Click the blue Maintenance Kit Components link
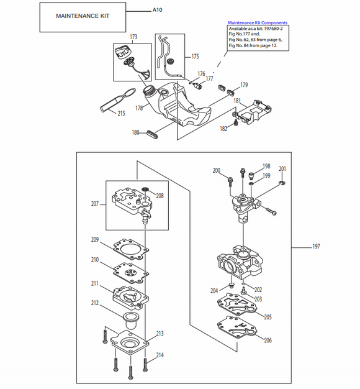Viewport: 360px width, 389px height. [258, 22]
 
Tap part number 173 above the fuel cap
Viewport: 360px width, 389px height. [133, 37]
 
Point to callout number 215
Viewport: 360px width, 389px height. [120, 113]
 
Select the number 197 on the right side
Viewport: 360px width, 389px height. [315, 247]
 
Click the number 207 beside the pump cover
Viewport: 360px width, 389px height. [95, 203]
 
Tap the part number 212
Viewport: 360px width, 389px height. [95, 303]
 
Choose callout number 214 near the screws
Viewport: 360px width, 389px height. [160, 355]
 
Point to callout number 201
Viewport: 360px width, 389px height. [282, 169]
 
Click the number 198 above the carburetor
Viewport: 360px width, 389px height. [266, 166]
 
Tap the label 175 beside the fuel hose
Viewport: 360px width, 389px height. [195, 57]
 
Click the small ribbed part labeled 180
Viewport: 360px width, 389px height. [155, 132]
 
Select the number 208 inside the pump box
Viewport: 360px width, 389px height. [160, 195]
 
